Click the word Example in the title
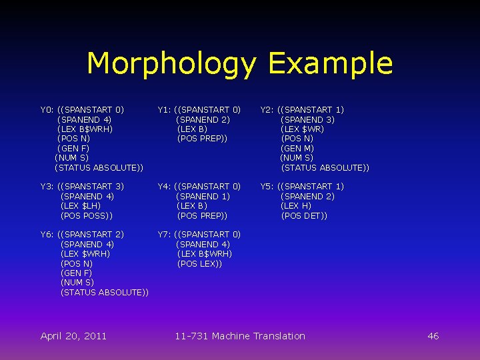[330, 64]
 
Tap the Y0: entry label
[47, 109]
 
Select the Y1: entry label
[165, 109]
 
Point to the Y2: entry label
[267, 109]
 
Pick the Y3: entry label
[47, 187]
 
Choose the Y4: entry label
[165, 187]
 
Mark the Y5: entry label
[267, 187]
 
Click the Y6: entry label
[47, 235]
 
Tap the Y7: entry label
[165, 235]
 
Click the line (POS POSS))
[87, 216]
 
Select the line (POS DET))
[304, 216]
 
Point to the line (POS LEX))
[199, 264]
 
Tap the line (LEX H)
[296, 206]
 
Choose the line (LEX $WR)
[303, 129]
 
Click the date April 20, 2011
[73, 336]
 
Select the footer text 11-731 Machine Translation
[240, 336]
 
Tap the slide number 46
[433, 336]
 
